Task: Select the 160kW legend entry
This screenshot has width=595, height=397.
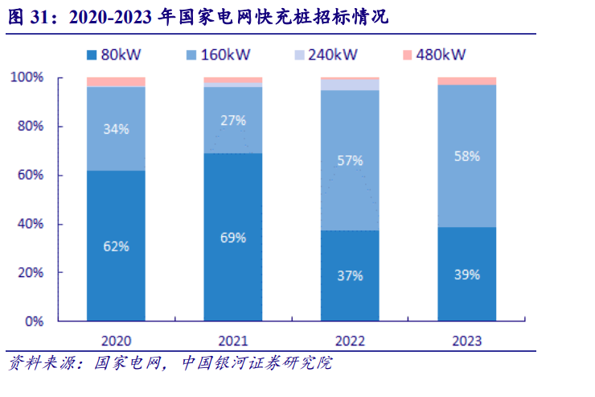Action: pyautogui.click(x=219, y=55)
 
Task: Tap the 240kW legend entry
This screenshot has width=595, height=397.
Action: pyautogui.click(x=325, y=55)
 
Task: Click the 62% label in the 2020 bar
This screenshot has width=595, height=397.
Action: pyautogui.click(x=116, y=246)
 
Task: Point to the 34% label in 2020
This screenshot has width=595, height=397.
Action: pyautogui.click(x=116, y=128)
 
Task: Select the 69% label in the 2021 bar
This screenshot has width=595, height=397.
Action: pyautogui.click(x=233, y=238)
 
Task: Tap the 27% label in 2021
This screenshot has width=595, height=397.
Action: pyautogui.click(x=233, y=120)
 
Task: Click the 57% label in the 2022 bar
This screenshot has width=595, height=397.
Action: pyautogui.click(x=350, y=160)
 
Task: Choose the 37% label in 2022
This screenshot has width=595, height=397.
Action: pyautogui.click(x=350, y=275)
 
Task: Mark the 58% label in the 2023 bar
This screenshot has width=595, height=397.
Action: pyautogui.click(x=466, y=155)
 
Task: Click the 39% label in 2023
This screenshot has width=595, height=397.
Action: pyautogui.click(x=466, y=274)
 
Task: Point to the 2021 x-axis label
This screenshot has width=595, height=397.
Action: pyautogui.click(x=233, y=341)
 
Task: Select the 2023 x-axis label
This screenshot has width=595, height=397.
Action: pyautogui.click(x=466, y=341)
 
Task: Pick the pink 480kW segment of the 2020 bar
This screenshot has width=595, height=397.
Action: pyautogui.click(x=116, y=82)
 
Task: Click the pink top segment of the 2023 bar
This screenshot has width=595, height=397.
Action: pyautogui.click(x=466, y=81)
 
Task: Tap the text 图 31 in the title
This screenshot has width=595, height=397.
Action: pyautogui.click(x=25, y=18)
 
